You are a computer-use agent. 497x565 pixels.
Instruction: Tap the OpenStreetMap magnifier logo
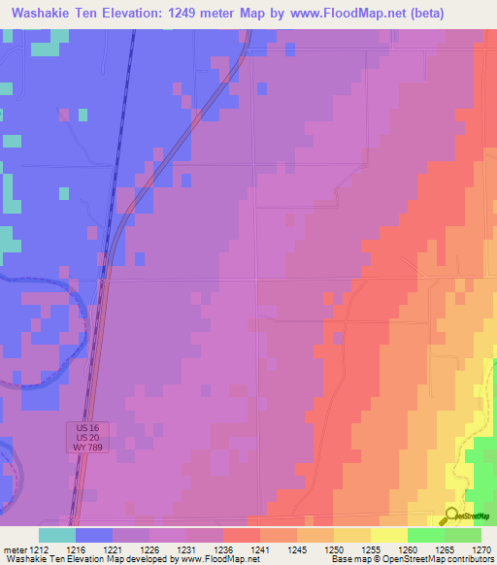click(451, 516)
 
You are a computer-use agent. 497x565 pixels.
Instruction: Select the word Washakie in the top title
click(42, 13)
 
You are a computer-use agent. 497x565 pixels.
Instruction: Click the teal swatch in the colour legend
click(57, 535)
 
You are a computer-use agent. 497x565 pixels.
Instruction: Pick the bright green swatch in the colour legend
click(425, 535)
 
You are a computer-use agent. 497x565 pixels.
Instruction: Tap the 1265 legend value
click(447, 549)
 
